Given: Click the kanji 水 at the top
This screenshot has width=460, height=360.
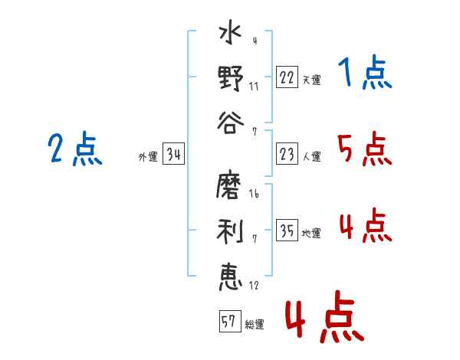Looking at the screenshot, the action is coord(230,32).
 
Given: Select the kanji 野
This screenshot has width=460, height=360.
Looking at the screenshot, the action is coord(231,78).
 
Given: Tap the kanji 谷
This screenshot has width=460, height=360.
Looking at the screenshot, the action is coord(231,123).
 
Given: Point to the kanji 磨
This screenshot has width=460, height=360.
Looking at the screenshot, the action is coord(228,186).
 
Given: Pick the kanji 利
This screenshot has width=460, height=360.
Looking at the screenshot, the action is coord(230,231).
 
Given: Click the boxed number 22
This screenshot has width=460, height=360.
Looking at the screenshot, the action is coord(287,77).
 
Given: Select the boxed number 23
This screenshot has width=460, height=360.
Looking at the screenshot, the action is coord(287,154).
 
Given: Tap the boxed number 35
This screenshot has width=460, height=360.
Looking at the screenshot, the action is coord(287,230).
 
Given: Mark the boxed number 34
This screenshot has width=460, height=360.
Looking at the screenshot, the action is coord(173,154).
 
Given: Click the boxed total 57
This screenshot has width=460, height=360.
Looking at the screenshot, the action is coord(230,321).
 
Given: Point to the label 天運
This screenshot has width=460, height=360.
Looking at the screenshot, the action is coord(311,80).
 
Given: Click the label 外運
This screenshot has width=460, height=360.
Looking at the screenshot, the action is coord(148,156).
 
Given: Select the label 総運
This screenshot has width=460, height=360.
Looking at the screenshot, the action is coord(255,324).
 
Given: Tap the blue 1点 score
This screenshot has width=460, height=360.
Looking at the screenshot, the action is coord(365,72).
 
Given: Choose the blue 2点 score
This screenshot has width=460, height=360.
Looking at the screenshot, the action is coord(75,149).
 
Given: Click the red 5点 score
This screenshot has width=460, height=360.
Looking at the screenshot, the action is coord(365,149).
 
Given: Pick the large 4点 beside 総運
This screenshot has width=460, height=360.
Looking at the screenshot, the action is coord(325,316).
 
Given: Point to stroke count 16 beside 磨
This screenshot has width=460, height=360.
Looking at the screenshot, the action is coord(254,194).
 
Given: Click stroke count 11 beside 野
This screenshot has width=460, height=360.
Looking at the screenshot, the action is coord(254,87).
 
